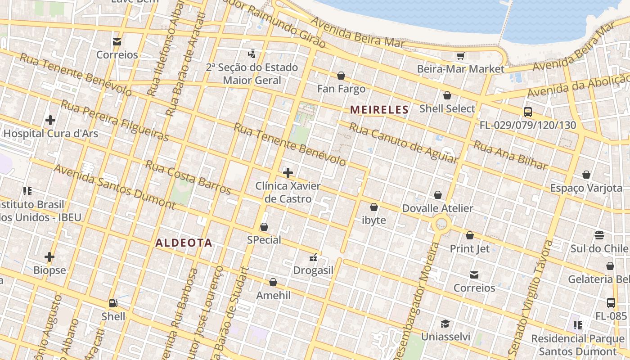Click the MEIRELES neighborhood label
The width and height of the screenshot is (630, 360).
[379, 109]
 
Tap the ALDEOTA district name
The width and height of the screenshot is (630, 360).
[184, 243]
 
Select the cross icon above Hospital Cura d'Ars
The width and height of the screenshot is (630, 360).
[50, 120]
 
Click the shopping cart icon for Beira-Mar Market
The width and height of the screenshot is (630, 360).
[460, 56]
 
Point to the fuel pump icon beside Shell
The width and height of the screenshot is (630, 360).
[113, 303]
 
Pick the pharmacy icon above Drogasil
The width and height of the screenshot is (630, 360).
[314, 257]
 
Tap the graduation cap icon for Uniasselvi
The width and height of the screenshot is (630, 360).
[445, 324]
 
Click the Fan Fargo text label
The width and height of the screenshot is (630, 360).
[341, 89]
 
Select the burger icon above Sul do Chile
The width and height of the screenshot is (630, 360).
[599, 235]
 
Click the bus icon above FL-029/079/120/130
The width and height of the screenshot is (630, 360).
[528, 112]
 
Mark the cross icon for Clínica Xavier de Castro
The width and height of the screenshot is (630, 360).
[288, 173]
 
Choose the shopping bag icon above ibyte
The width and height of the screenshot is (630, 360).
[374, 207]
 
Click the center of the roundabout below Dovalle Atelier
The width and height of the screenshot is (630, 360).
[441, 222]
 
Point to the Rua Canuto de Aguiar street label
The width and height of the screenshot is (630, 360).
[403, 143]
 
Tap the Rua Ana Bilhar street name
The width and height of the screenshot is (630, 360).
[511, 156]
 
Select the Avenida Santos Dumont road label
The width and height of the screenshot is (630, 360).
[114, 187]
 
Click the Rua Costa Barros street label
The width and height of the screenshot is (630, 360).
[188, 177]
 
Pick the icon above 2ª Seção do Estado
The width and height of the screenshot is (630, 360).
[252, 54]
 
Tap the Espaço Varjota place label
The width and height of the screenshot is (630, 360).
[586, 188]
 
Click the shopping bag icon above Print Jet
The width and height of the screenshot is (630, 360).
[470, 235]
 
